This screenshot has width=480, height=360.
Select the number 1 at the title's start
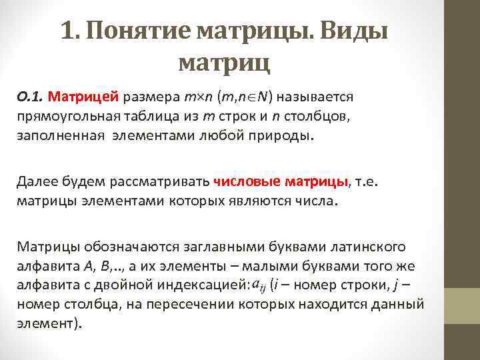click(x=66, y=31)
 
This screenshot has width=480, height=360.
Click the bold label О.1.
click(x=30, y=97)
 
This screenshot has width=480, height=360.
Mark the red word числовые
click(x=246, y=181)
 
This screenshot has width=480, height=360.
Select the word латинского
click(x=369, y=247)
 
